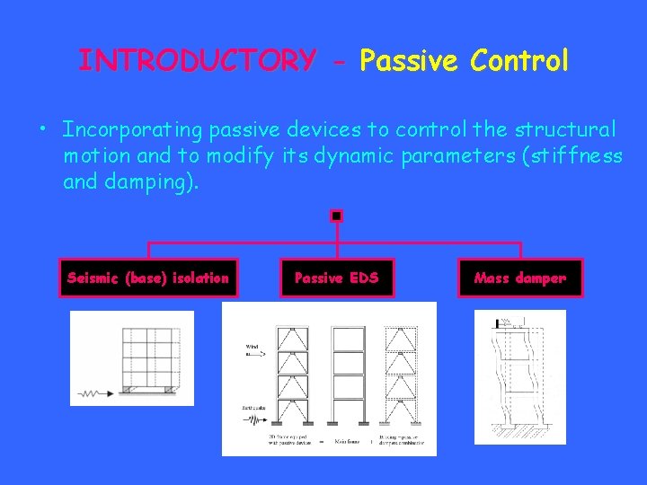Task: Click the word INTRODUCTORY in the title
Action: (197, 61)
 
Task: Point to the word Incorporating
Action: (133, 130)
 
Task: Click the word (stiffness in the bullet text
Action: (566, 156)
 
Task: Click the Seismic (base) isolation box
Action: (148, 278)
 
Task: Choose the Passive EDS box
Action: (337, 278)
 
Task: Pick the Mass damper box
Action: (520, 278)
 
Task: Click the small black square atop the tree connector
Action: (336, 216)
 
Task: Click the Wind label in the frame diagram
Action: (253, 346)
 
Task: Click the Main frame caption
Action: (347, 441)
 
